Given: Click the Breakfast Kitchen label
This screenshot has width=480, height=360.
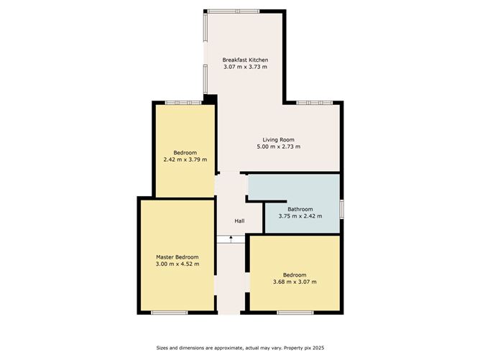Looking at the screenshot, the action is click(x=245, y=60).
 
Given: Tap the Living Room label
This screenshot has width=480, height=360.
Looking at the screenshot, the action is click(x=279, y=140).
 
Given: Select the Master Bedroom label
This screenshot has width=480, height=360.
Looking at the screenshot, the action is click(x=177, y=257).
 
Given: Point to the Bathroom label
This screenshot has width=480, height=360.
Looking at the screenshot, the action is click(x=300, y=209).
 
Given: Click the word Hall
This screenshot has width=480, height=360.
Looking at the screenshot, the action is click(x=239, y=221).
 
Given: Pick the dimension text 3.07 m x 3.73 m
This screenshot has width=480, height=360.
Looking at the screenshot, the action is click(x=245, y=67).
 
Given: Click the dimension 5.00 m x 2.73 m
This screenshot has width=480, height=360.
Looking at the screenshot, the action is click(x=279, y=147).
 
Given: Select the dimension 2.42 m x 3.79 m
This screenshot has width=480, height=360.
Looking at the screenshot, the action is click(x=185, y=160).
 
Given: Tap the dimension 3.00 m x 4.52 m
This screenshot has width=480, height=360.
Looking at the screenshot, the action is click(x=177, y=264).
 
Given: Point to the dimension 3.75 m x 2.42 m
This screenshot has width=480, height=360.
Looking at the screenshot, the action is click(x=300, y=216).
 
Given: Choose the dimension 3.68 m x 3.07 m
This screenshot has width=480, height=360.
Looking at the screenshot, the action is click(x=295, y=282).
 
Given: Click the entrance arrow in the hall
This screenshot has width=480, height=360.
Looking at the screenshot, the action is click(x=231, y=239).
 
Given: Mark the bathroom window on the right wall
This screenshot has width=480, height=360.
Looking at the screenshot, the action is click(x=341, y=209).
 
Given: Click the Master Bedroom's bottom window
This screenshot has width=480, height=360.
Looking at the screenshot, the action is click(x=170, y=313).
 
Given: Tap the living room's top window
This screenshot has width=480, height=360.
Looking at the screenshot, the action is click(x=315, y=103).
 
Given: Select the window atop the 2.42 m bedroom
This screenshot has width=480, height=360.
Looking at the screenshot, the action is click(x=183, y=103).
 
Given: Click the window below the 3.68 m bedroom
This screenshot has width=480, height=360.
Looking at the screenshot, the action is click(x=295, y=313).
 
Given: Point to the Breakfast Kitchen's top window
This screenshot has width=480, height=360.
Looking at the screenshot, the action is click(x=234, y=11).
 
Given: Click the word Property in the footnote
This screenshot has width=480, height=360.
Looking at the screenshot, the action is click(x=293, y=348).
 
